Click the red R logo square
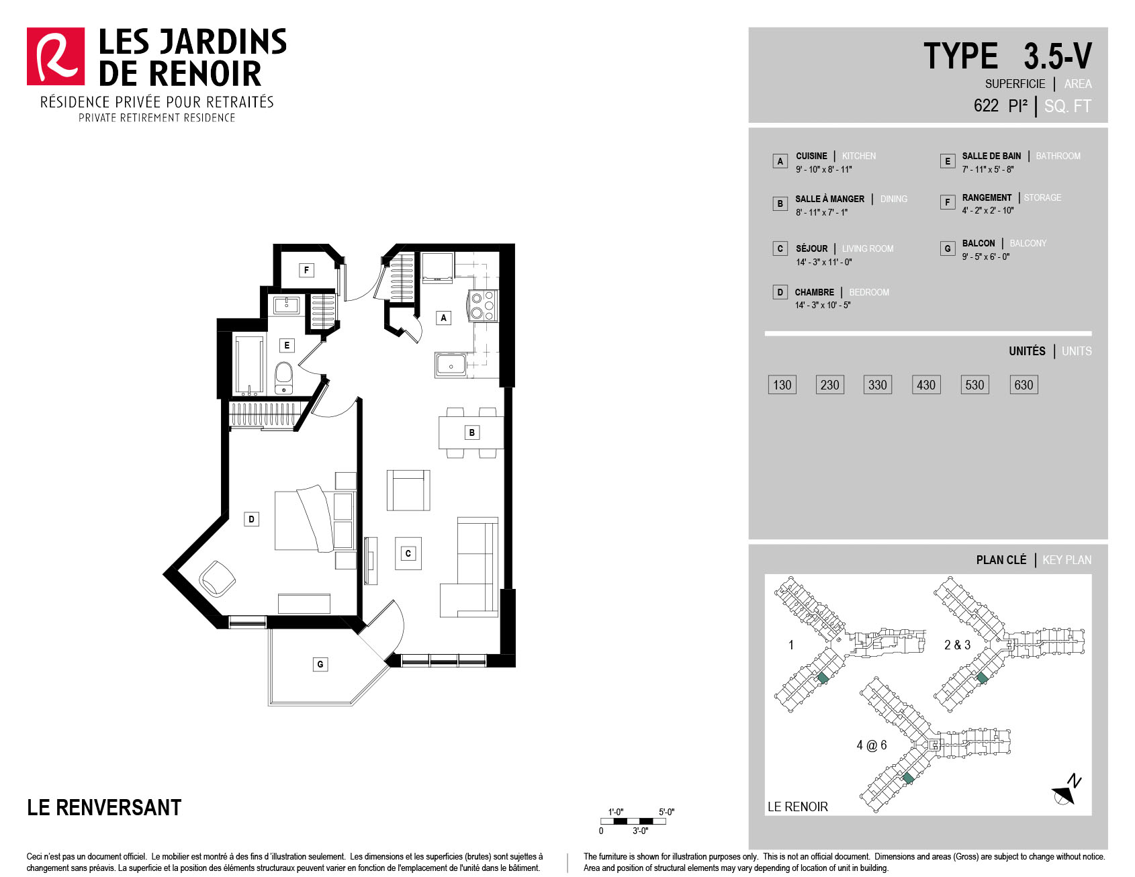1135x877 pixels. tap(56, 56)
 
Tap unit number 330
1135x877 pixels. tap(878, 385)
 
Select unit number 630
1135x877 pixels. tap(1024, 385)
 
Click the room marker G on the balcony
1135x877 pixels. tap(320, 664)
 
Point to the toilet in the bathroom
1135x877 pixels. tap(284, 378)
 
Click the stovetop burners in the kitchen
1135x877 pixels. tap(483, 306)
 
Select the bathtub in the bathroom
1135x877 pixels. tap(248, 365)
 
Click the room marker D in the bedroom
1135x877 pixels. tap(251, 519)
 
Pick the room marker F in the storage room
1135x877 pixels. tap(306, 270)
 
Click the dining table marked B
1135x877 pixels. tap(471, 432)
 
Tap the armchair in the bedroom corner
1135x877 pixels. tap(217, 579)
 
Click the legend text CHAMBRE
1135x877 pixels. tap(815, 292)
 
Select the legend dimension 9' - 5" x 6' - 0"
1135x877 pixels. tap(986, 257)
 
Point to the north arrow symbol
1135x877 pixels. tap(1066, 790)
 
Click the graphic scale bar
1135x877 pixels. tap(633, 821)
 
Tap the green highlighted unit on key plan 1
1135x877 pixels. tap(823, 678)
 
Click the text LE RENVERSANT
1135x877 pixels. tap(104, 807)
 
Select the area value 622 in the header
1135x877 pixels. tap(986, 105)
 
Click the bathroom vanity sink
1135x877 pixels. tap(287, 305)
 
